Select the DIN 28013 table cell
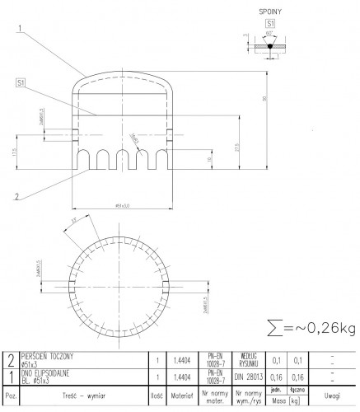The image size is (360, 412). [x=248, y=377]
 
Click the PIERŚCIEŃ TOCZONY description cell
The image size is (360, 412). [x=76, y=359]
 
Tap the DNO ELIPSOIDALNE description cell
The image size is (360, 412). [x=76, y=377]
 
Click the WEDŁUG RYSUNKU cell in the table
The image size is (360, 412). [x=248, y=359]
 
